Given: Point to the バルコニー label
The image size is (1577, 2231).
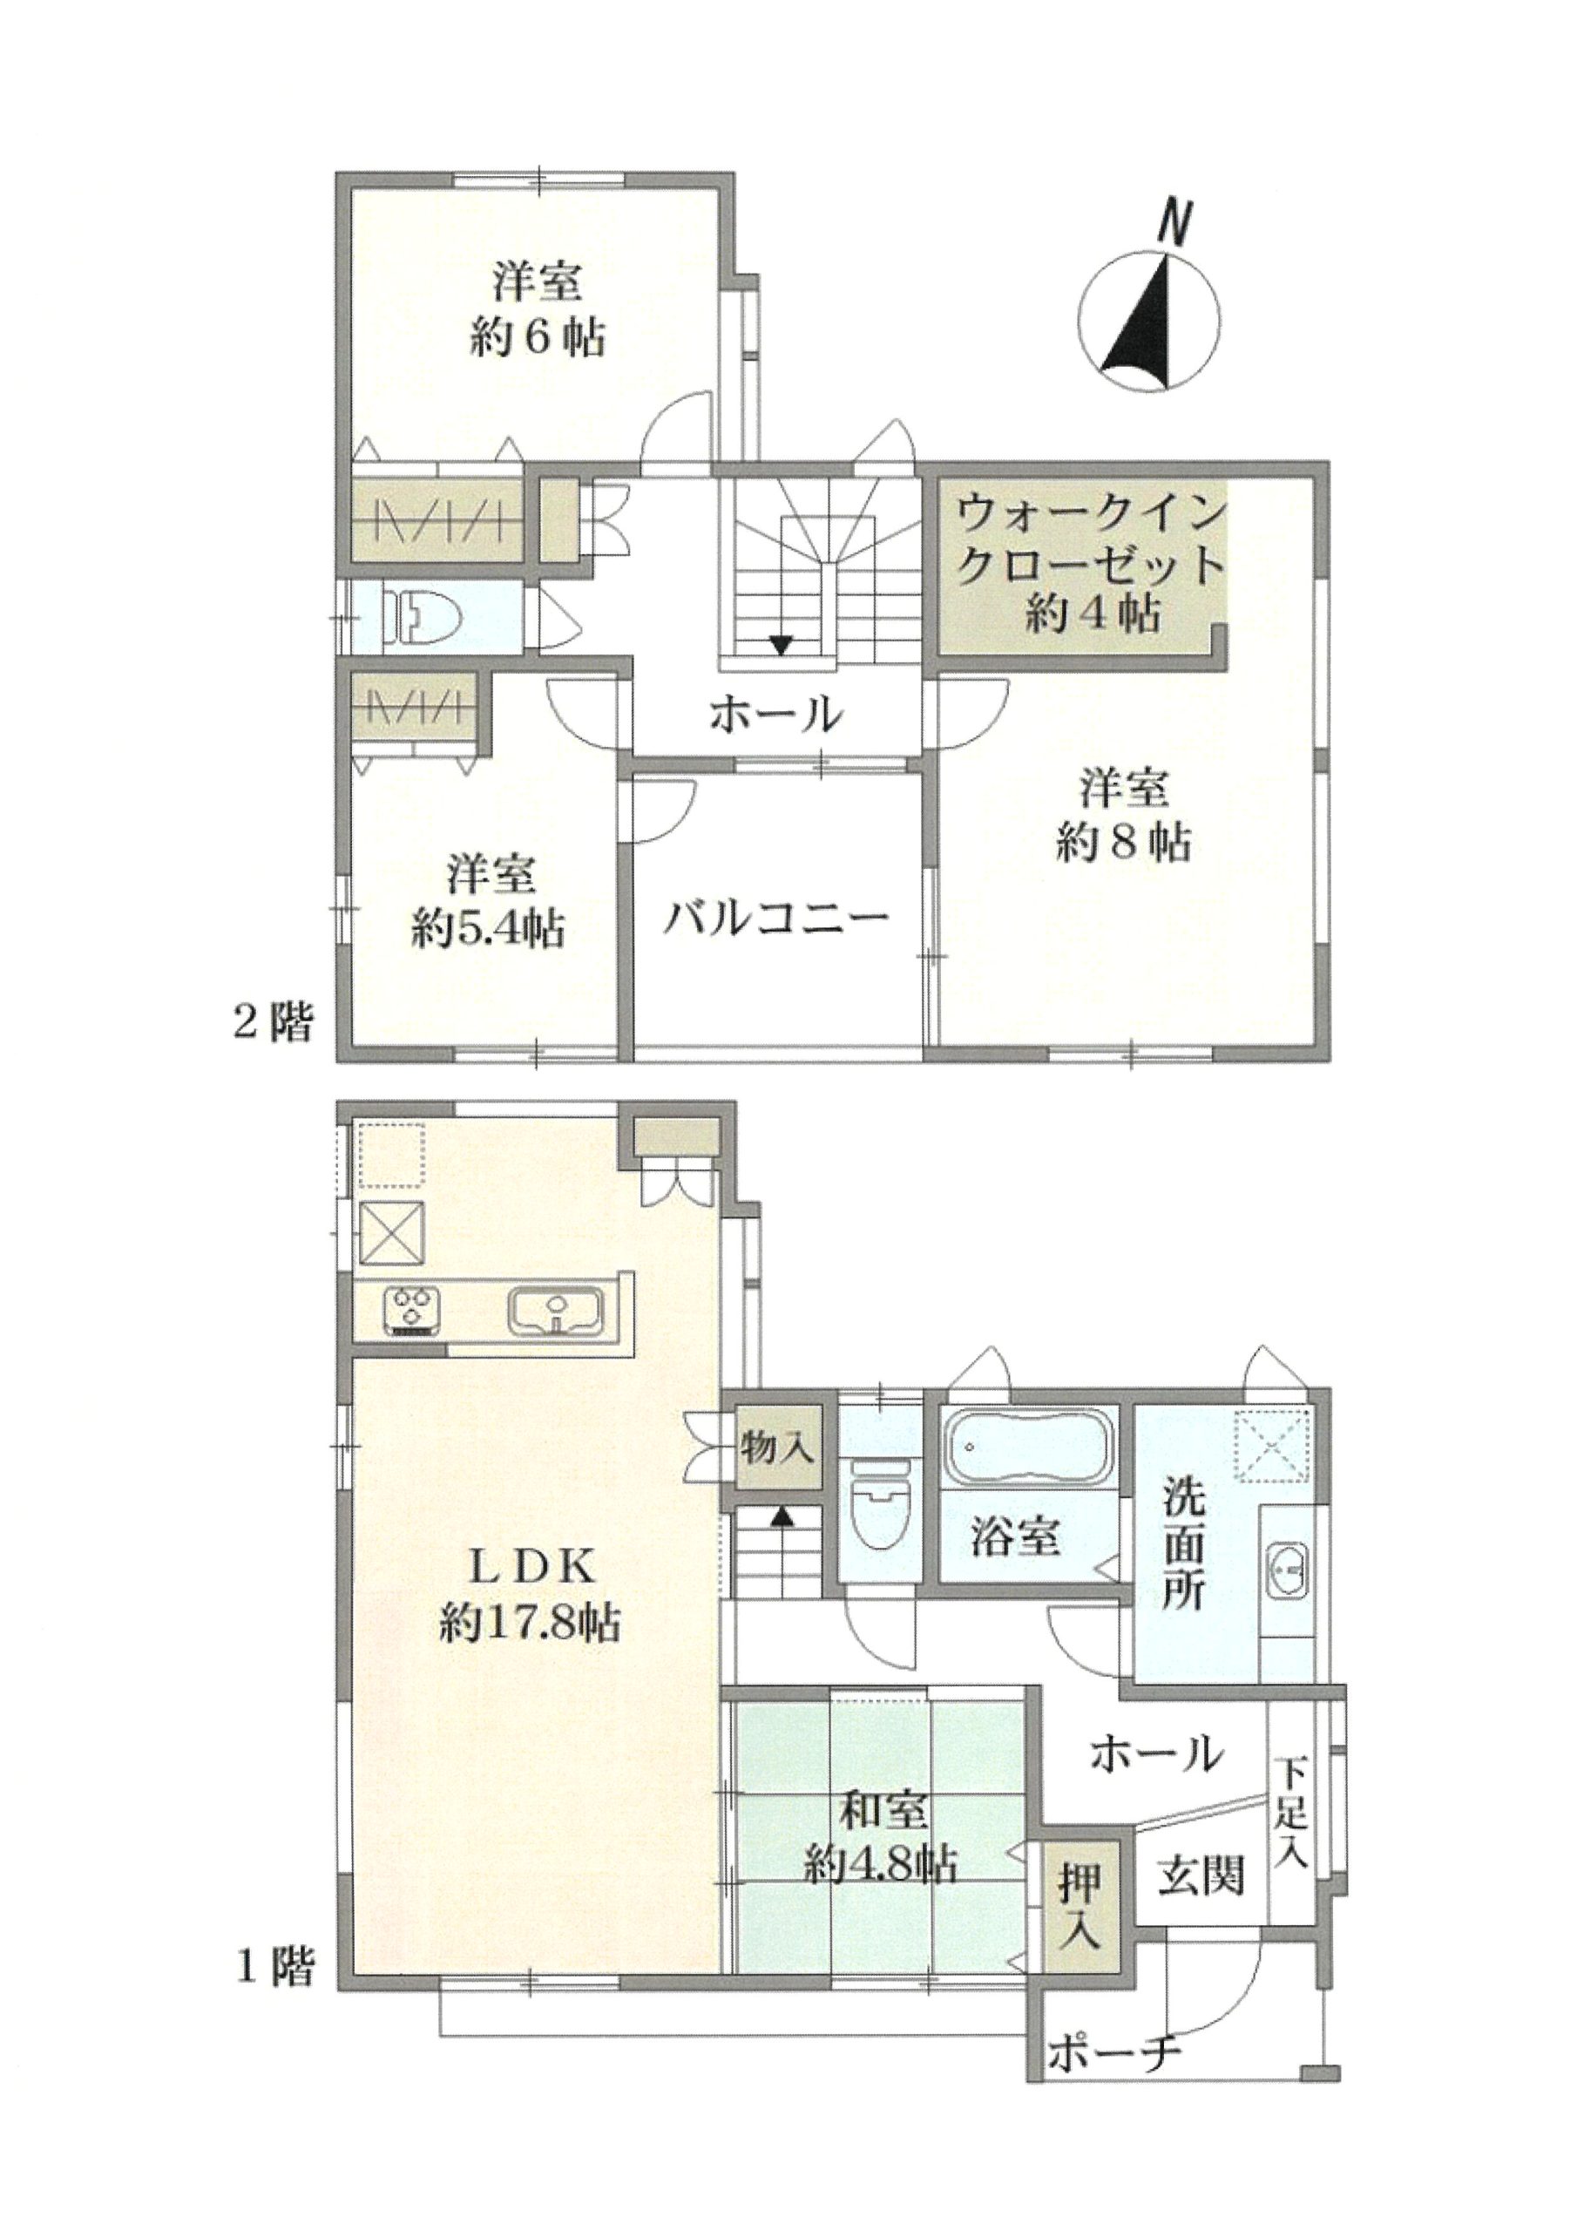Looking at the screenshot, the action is tap(776, 919).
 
